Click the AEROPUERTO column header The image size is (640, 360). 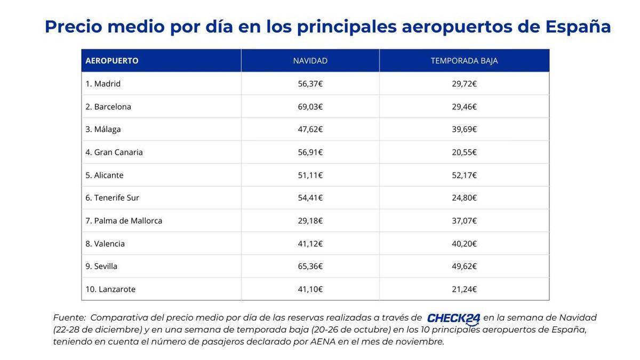112,61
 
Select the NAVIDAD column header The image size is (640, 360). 310,61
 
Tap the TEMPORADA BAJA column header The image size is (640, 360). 464,61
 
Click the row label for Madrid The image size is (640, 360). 103,84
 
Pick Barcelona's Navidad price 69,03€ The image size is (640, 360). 310,107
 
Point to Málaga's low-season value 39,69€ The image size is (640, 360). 464,129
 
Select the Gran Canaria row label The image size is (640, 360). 114,152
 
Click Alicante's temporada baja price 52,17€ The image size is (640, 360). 464,175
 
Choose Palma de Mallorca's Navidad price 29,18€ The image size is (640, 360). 310,221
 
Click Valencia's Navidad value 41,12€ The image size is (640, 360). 310,244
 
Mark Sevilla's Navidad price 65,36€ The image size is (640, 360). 310,266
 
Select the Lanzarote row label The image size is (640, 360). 110,289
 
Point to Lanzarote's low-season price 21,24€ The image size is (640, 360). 464,289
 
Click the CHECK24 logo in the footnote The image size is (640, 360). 453,318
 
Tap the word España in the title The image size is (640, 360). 578,27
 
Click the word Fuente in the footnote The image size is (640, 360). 69,318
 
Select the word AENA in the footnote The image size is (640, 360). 323,342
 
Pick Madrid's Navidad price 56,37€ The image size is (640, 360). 310,84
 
